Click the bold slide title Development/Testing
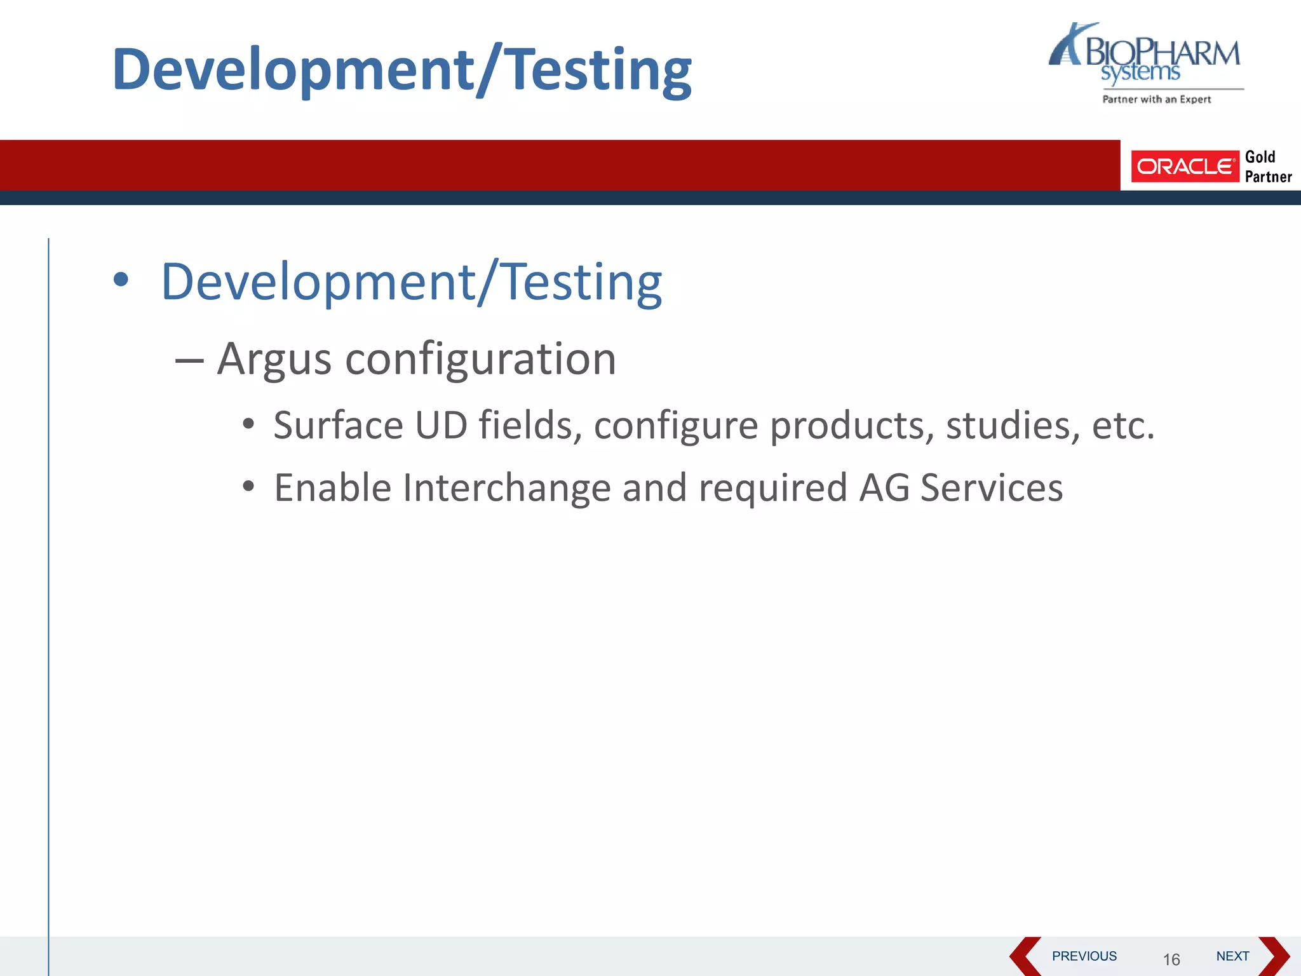tap(401, 70)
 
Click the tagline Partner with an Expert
tap(1156, 99)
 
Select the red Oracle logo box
tap(1185, 166)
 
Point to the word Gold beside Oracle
tap(1260, 157)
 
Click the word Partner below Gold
tap(1268, 177)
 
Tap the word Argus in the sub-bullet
tap(274, 360)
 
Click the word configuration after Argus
tap(480, 360)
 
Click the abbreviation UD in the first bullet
tap(441, 425)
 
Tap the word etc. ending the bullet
tap(1122, 425)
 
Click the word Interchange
tap(506, 488)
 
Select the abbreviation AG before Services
tap(884, 488)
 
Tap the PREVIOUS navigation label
tap(1084, 956)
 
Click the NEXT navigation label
tap(1232, 956)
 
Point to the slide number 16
tap(1171, 959)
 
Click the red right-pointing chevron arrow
tap(1274, 956)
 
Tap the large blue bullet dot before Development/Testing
tap(121, 280)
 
